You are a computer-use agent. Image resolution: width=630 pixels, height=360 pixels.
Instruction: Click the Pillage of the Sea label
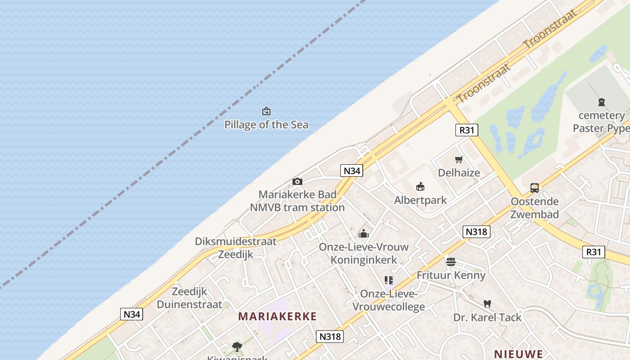(x=266, y=125)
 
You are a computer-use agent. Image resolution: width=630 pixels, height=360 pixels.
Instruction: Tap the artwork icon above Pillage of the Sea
(x=266, y=111)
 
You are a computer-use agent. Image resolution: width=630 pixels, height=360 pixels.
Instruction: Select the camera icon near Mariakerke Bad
(x=297, y=181)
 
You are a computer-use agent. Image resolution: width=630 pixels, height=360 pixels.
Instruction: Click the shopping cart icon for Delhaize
(x=459, y=159)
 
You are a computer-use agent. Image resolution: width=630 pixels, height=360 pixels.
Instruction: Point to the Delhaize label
(x=459, y=173)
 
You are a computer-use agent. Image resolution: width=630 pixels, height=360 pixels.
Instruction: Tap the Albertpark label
(x=420, y=200)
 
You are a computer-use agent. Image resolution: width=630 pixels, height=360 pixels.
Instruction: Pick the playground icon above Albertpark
(x=420, y=186)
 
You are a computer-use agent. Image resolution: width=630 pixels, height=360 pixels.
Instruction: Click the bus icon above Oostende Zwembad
(x=535, y=188)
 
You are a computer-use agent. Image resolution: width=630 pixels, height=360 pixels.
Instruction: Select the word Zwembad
(x=535, y=214)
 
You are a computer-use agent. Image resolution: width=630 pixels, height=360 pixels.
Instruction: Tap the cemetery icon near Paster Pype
(x=602, y=102)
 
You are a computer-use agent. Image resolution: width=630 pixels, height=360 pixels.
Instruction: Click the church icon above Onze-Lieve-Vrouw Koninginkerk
(x=364, y=234)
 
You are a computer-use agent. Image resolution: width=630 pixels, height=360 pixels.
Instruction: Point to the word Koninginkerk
(x=364, y=260)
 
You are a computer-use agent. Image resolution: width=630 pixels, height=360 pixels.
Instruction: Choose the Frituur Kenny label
(x=451, y=275)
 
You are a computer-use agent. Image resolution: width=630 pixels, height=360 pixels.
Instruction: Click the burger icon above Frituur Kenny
(x=451, y=262)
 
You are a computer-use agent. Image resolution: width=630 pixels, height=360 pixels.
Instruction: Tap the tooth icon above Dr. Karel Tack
(x=487, y=304)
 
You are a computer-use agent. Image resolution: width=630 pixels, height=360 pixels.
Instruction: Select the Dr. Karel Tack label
(x=487, y=317)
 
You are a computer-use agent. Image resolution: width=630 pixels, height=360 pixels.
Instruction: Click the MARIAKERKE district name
(x=278, y=316)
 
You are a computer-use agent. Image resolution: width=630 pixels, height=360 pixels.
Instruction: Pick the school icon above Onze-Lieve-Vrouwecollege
(x=389, y=281)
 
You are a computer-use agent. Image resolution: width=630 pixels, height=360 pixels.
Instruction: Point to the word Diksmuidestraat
(x=235, y=241)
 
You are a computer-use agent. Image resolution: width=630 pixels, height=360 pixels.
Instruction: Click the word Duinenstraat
(x=189, y=304)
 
